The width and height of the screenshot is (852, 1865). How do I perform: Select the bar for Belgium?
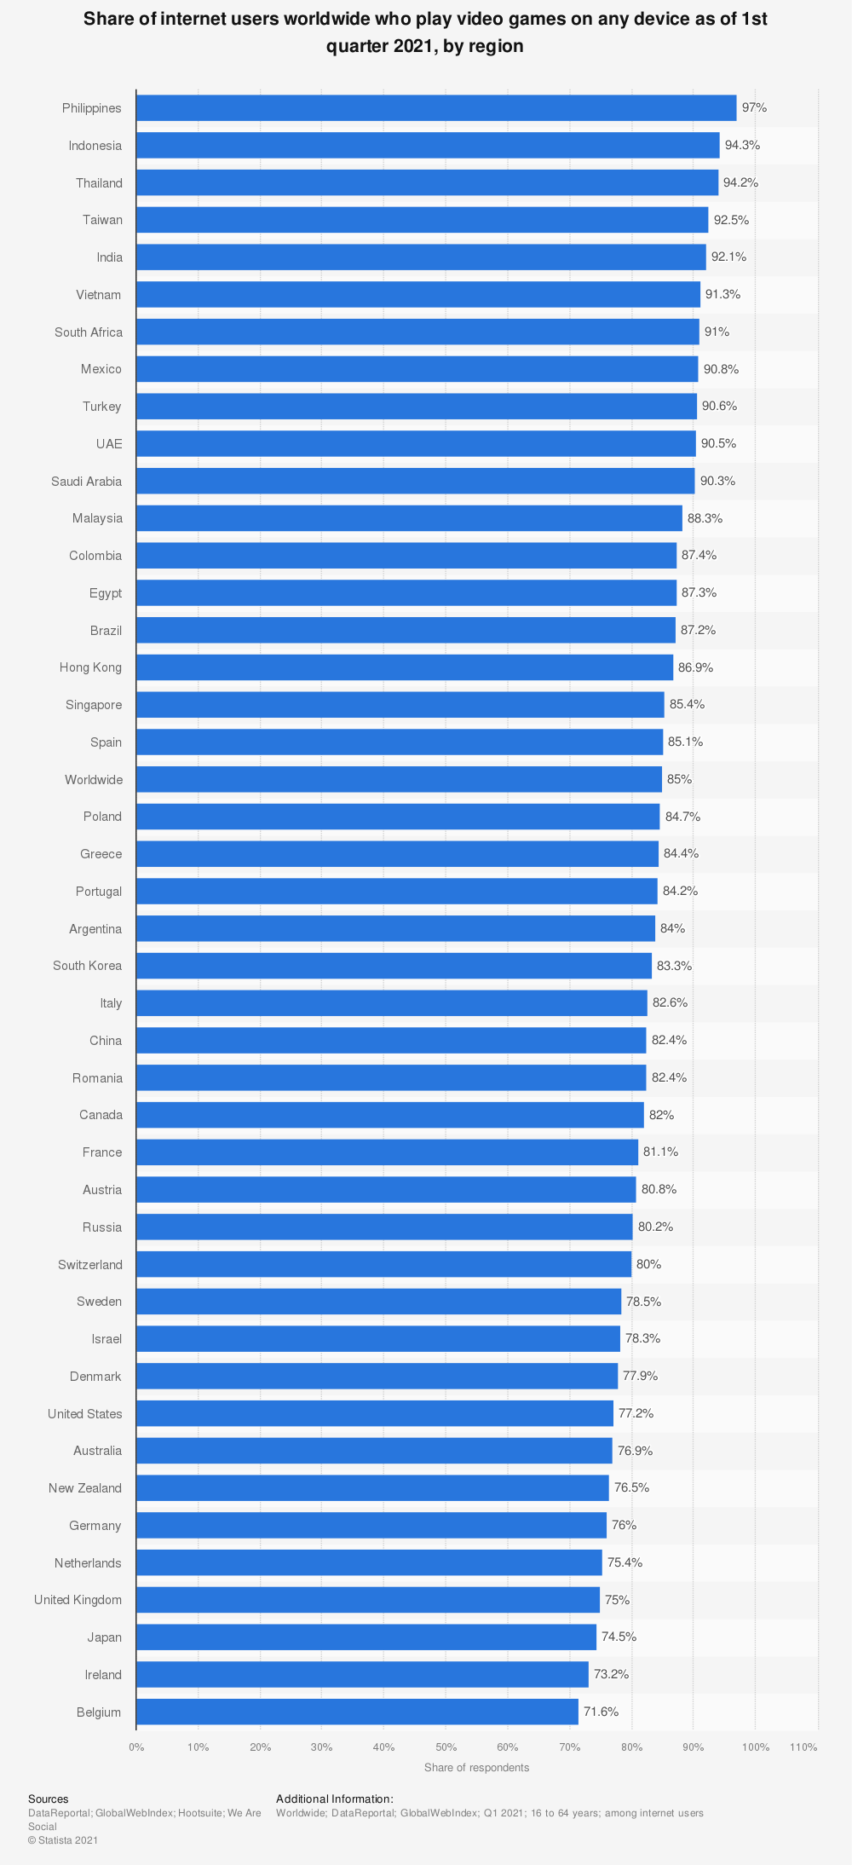click(x=357, y=1712)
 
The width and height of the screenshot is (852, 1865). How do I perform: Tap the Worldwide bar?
click(x=399, y=779)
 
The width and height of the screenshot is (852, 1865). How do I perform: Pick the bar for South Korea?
click(x=394, y=966)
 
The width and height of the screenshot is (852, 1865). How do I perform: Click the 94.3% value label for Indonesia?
click(x=742, y=146)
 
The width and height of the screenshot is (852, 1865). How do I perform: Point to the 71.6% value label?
click(x=601, y=1712)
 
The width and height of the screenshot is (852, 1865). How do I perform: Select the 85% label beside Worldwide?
click(x=679, y=779)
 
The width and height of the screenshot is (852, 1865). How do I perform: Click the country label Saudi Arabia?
click(x=86, y=482)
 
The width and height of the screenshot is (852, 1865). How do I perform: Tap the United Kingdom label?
click(x=78, y=1600)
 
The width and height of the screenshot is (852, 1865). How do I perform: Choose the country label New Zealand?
click(x=85, y=1488)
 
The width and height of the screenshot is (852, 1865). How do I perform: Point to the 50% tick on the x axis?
click(x=446, y=1747)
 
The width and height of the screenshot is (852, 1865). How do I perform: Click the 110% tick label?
click(x=803, y=1747)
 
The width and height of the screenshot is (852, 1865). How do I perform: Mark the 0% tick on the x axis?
click(x=136, y=1747)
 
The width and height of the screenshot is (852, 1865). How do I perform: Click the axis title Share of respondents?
click(x=476, y=1768)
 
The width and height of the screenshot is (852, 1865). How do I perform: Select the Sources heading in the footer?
click(x=48, y=1799)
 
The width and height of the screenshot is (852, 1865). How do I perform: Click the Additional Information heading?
click(x=334, y=1799)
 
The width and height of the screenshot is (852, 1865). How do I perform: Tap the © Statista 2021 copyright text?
click(x=63, y=1840)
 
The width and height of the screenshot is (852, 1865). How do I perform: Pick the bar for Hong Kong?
click(x=405, y=667)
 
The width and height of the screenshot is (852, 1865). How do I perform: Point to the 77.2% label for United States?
click(x=636, y=1413)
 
